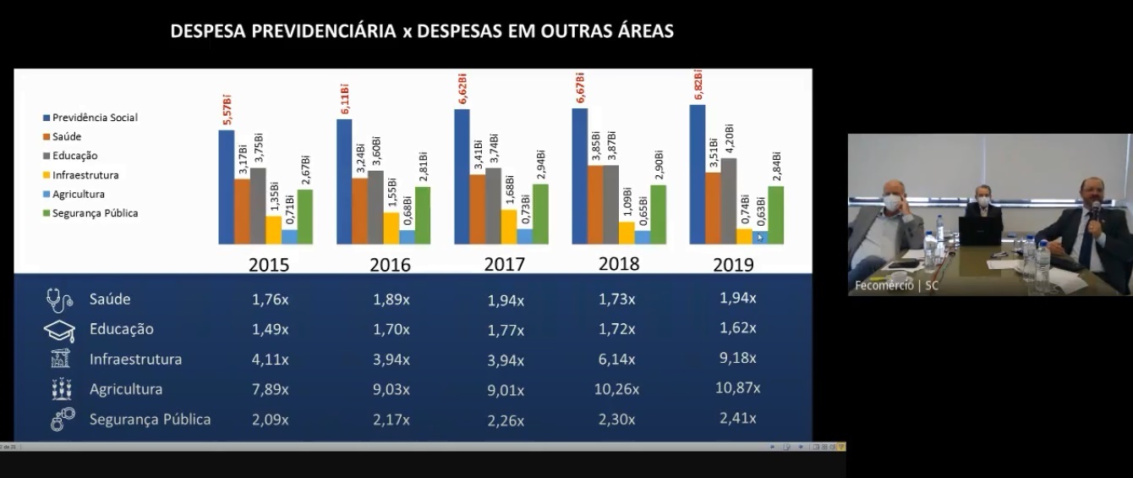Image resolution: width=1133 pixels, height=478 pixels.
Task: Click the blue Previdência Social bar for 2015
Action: pyautogui.click(x=226, y=187)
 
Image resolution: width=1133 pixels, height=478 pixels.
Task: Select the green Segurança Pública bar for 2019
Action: pyautogui.click(x=775, y=215)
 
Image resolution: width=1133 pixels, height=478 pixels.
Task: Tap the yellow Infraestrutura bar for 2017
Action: pyautogui.click(x=509, y=226)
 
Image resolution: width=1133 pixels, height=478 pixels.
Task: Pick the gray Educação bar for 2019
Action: pyautogui.click(x=728, y=201)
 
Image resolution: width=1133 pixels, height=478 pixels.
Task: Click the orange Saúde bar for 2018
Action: pyautogui.click(x=595, y=204)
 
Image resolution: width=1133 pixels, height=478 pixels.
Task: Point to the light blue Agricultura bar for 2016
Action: pyautogui.click(x=408, y=237)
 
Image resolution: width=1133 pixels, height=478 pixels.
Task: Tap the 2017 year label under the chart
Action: pyautogui.click(x=504, y=264)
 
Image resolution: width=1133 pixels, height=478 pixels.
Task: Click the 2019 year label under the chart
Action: pyautogui.click(x=733, y=264)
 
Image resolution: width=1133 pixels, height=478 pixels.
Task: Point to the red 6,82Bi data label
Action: pyautogui.click(x=698, y=85)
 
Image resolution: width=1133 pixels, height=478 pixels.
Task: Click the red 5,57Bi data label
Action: pyautogui.click(x=227, y=112)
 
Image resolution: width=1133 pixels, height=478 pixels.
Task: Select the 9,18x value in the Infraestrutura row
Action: pyautogui.click(x=737, y=358)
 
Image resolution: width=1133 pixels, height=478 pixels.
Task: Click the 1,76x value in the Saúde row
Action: pyautogui.click(x=270, y=299)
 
